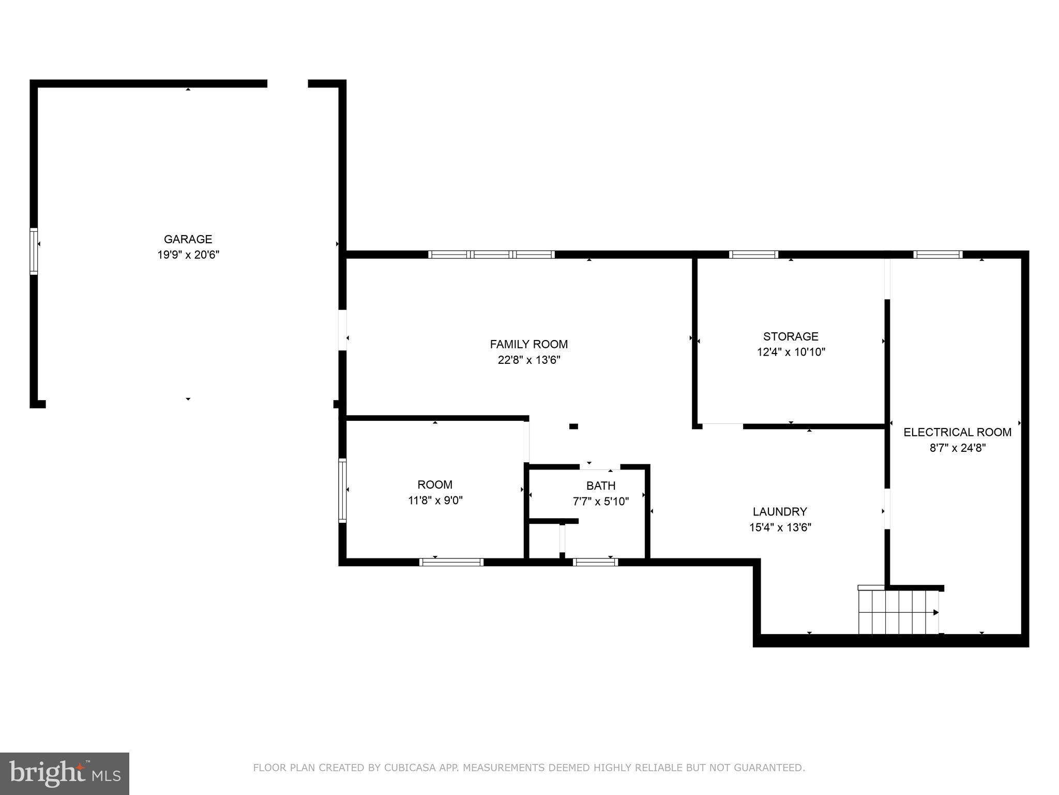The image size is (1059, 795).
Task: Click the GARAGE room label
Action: [x=188, y=239]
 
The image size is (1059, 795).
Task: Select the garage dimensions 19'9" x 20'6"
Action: [x=188, y=255]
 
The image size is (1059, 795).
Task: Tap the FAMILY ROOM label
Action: [x=528, y=344]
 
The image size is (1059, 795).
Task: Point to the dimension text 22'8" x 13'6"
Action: [x=528, y=360]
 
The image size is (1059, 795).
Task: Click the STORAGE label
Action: [x=791, y=336]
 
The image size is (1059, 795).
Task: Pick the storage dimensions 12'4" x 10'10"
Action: [x=791, y=352]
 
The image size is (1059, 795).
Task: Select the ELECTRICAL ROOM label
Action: [x=957, y=432]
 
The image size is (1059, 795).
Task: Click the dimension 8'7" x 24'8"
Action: [x=957, y=448]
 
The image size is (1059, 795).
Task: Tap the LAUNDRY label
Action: [x=779, y=512]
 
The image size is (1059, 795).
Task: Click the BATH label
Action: [x=600, y=485]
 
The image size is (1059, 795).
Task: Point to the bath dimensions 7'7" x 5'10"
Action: [x=600, y=502]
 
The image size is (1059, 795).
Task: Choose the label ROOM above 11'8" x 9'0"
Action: [x=434, y=485]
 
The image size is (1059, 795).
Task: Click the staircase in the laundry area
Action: [x=898, y=612]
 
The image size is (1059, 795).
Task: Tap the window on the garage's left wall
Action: [x=34, y=251]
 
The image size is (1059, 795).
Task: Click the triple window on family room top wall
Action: [x=491, y=254]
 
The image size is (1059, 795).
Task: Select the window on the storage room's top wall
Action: [x=753, y=254]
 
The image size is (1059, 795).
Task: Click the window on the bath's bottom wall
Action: [x=595, y=562]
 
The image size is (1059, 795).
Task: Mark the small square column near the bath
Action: [x=573, y=426]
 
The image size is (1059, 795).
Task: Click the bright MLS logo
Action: [x=65, y=773]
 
